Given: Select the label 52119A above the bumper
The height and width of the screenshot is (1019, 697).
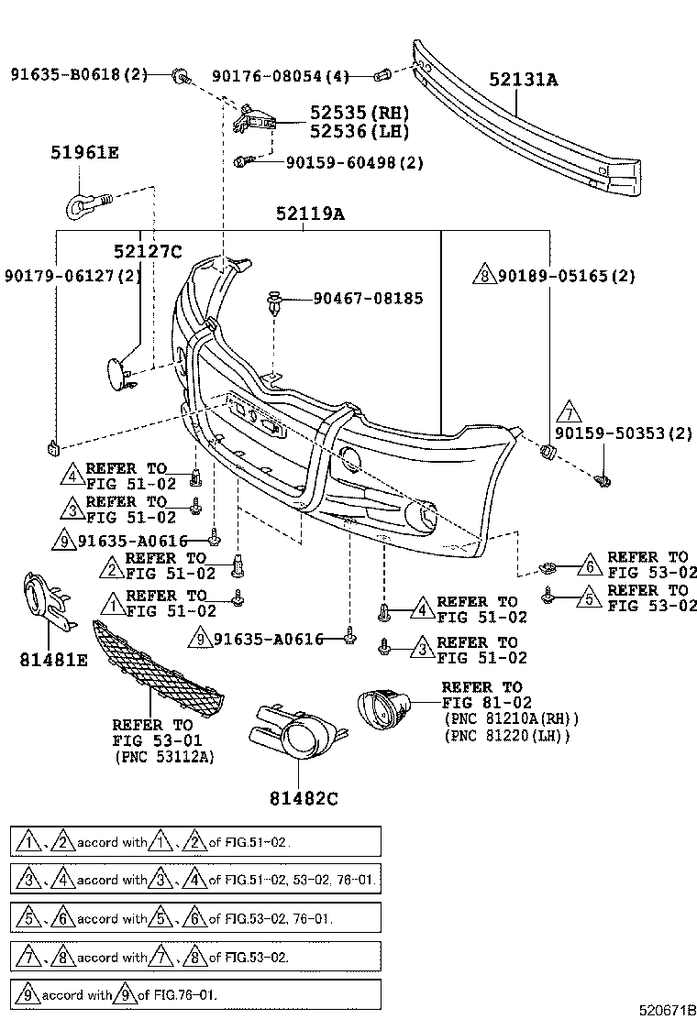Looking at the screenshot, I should point(310,214).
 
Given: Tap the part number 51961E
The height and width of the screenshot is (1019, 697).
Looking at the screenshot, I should point(84,153).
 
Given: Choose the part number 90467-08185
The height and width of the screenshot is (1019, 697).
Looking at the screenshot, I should point(368,298).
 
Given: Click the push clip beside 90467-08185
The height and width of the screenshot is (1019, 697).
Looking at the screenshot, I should point(273,301).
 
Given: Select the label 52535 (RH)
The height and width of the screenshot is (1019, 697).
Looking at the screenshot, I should point(359,113).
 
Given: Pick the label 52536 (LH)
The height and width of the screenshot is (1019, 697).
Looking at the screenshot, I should point(359,131).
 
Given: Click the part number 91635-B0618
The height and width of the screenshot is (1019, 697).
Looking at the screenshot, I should point(79,73).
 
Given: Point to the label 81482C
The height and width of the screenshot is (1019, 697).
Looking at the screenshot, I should point(304,798).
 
